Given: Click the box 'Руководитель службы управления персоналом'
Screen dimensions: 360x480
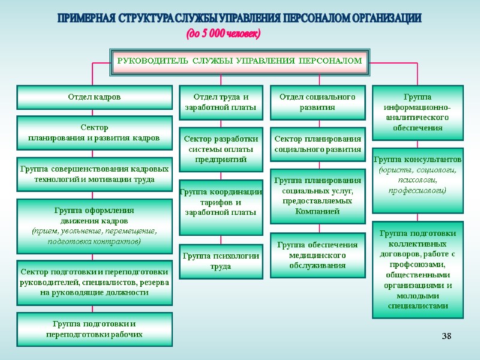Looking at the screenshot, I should [239, 61].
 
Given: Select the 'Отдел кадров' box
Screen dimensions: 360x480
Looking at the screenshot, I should [94, 97].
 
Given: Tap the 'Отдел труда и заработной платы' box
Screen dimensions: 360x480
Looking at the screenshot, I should [221, 103].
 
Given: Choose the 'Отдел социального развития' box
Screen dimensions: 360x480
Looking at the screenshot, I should [318, 103].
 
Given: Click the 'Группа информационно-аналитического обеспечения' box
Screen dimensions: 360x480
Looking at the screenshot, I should [418, 112].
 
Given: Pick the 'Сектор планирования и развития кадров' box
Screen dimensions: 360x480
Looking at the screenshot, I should [94, 133].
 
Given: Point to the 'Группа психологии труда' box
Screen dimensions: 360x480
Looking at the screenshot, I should [221, 261].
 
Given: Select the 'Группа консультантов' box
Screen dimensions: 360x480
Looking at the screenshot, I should [418, 180].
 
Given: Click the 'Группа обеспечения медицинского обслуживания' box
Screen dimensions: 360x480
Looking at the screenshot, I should [318, 255].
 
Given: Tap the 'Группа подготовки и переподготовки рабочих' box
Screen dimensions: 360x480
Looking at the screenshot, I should [94, 329].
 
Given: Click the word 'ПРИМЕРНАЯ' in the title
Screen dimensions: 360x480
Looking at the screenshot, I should [85, 19].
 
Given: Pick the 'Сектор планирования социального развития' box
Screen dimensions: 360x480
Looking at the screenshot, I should [318, 144].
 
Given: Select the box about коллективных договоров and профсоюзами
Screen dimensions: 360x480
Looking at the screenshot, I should [418, 269].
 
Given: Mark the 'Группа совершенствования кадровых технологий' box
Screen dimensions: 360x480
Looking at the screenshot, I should [94, 174].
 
